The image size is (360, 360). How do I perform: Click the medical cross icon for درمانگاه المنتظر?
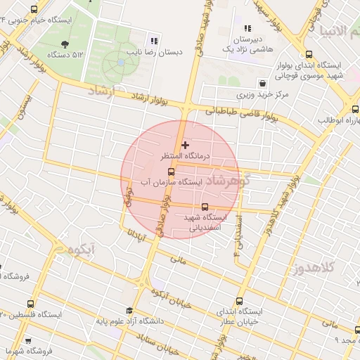click(185, 146)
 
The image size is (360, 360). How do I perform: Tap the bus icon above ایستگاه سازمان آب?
click(171, 171)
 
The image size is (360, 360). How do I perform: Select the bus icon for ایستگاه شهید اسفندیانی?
click(205, 207)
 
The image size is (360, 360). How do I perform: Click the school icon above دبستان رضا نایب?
click(154, 40)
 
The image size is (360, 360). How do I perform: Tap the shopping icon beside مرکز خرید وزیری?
click(262, 82)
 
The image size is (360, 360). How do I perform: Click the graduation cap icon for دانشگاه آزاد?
click(129, 311)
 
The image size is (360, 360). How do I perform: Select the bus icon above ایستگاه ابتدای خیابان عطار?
click(247, 297)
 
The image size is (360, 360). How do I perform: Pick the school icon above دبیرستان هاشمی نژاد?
click(247, 29)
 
